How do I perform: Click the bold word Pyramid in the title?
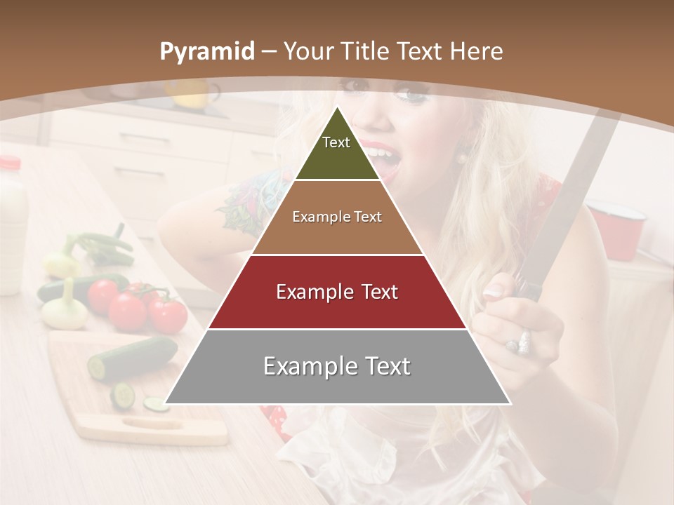pyautogui.click(x=207, y=51)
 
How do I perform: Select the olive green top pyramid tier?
pyautogui.click(x=337, y=151)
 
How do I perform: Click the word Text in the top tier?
pyautogui.click(x=336, y=142)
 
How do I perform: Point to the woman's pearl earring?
pyautogui.click(x=462, y=157)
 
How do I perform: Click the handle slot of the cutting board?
pyautogui.click(x=152, y=423)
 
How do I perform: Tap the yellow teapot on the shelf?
pyautogui.click(x=190, y=93)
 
